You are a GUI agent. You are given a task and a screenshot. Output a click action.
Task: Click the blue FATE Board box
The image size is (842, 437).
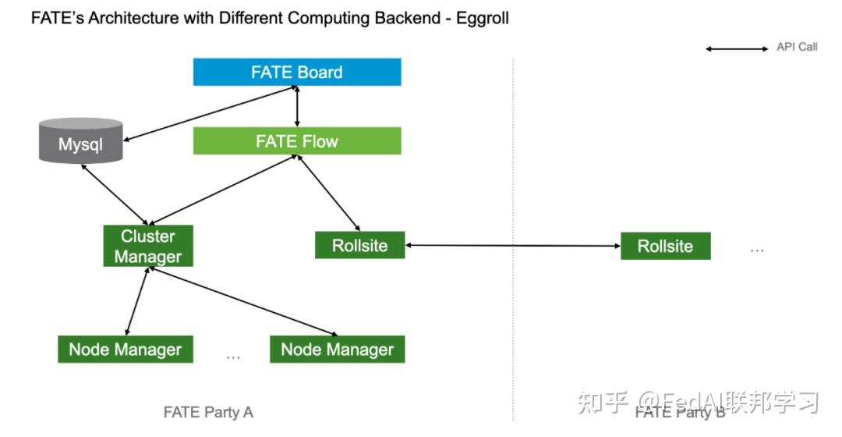click(297, 73)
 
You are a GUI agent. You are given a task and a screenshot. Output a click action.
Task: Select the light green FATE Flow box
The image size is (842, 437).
click(297, 141)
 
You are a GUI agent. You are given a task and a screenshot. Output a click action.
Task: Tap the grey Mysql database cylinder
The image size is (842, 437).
click(81, 141)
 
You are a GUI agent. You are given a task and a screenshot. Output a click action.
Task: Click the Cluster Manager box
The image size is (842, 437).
click(148, 247)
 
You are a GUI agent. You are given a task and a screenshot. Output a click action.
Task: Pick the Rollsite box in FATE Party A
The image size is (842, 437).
click(359, 245)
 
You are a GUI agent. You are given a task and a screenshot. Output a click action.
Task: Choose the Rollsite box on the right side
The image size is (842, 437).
click(665, 246)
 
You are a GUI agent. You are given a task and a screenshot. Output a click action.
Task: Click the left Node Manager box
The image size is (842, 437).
click(125, 350)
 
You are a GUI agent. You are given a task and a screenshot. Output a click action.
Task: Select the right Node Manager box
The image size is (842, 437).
click(337, 350)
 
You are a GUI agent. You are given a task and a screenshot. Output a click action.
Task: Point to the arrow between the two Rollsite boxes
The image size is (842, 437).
click(513, 246)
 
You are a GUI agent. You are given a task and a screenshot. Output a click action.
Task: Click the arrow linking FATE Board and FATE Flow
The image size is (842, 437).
click(297, 106)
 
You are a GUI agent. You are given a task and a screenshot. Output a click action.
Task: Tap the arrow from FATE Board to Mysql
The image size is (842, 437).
click(207, 114)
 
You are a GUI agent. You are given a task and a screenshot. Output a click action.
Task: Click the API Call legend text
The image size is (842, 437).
click(797, 47)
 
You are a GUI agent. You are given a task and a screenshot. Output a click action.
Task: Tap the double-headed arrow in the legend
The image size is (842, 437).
click(737, 48)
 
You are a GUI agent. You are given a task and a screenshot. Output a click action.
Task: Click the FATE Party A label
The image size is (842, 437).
click(208, 412)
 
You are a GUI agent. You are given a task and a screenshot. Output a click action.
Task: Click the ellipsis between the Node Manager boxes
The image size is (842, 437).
click(232, 357)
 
